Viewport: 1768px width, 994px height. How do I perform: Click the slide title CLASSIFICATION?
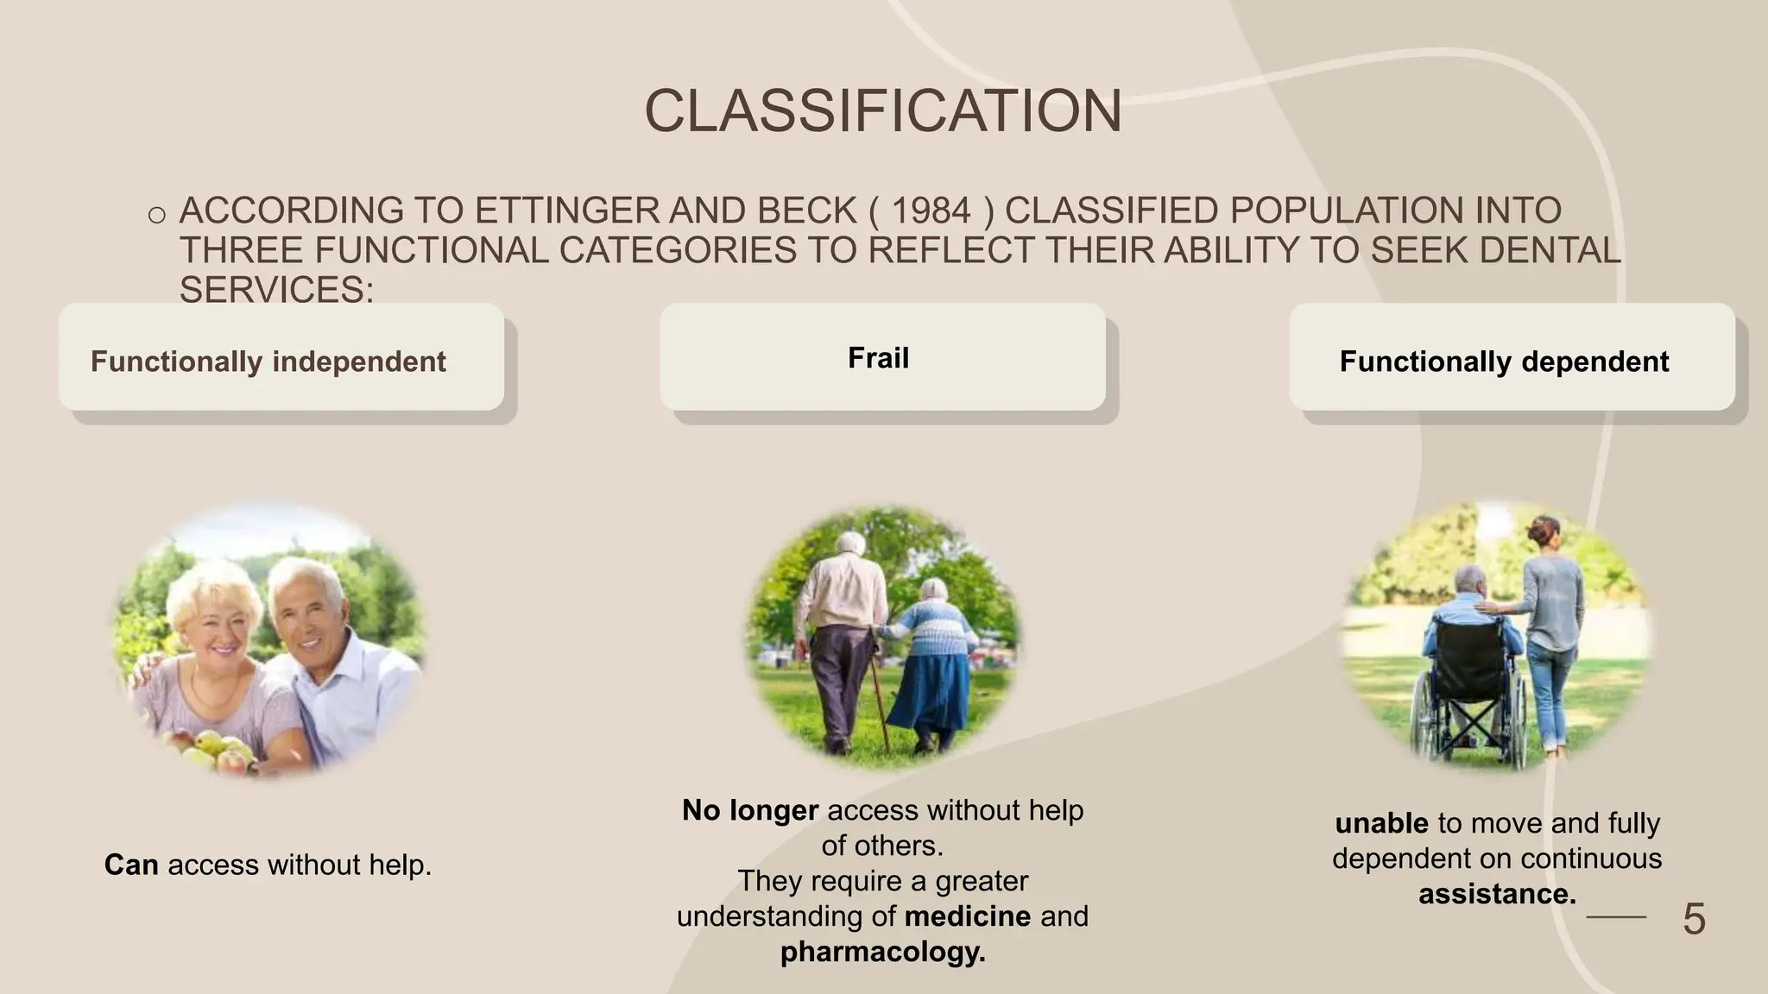pos(882,111)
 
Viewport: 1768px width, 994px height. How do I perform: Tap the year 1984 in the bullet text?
pos(931,211)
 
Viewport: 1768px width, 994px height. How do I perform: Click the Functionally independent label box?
pos(281,358)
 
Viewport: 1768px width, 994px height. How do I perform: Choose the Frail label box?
pos(881,357)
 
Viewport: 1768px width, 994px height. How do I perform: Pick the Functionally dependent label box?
pos(1511,358)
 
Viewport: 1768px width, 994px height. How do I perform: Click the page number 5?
pos(1693,919)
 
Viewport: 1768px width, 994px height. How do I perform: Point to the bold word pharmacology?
pos(882,952)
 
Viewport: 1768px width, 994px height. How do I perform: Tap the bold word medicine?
pos(967,916)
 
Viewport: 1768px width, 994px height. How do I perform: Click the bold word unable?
pos(1381,823)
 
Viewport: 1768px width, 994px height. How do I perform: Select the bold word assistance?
pos(1497,894)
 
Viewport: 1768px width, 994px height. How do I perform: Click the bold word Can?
pos(131,865)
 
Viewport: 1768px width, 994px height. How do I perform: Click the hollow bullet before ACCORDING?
pos(156,214)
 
